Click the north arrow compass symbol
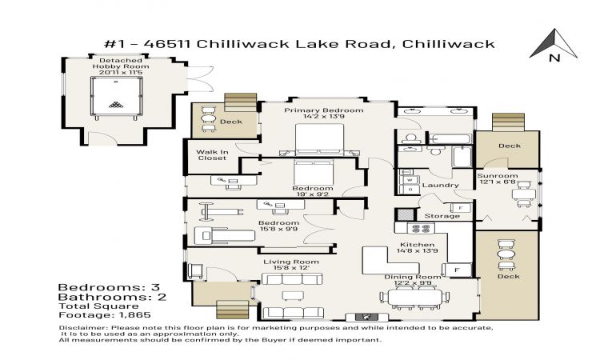554,45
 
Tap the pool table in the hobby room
116,97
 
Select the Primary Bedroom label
324,110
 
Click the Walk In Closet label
212,155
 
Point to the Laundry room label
440,185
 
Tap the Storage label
442,216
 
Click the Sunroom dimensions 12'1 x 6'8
498,182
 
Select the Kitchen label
418,245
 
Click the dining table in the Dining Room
415,297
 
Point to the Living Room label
291,262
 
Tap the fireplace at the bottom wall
366,317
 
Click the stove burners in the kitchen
421,228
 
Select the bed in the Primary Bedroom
319,140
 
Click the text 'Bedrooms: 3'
109,287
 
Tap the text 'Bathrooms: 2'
112,297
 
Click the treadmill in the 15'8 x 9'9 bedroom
224,235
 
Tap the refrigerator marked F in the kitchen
457,270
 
